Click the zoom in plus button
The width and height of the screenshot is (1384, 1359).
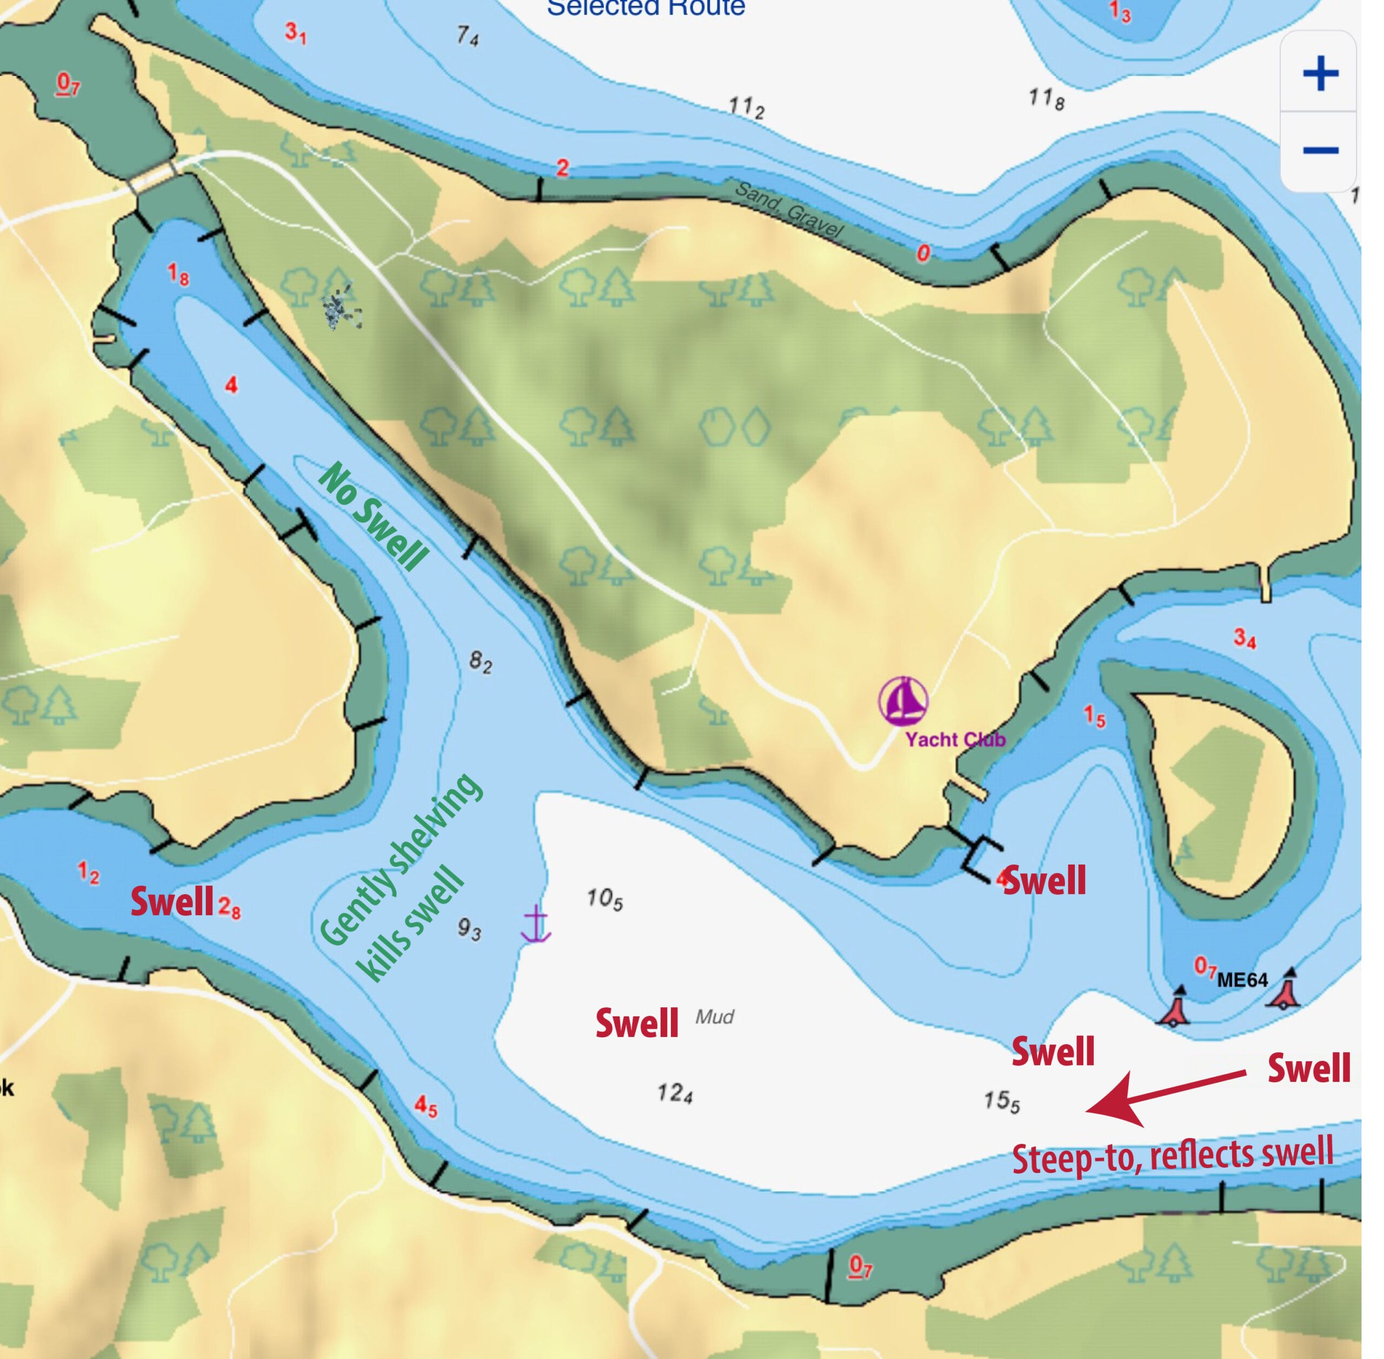click(1320, 73)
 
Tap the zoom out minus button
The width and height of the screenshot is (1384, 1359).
click(1320, 150)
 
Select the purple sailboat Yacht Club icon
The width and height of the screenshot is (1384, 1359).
click(903, 700)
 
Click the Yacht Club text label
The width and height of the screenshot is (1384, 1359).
click(955, 739)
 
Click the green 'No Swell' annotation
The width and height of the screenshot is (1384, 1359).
click(374, 517)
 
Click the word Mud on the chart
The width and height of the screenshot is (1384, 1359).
click(714, 1016)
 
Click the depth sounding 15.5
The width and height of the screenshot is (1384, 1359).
click(1001, 1101)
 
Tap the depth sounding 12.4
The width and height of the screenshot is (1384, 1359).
click(674, 1093)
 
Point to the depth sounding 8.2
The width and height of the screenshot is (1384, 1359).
click(480, 662)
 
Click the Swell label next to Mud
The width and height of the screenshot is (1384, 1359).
click(636, 1023)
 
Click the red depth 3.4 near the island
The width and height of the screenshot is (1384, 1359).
click(1244, 638)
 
